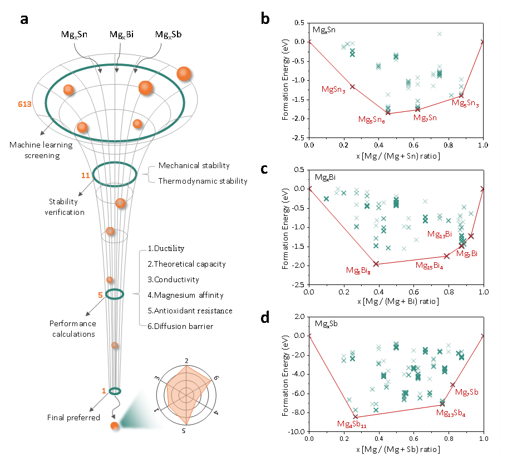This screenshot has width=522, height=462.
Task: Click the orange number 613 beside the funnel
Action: tap(24, 104)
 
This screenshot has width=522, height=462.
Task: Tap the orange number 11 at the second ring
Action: tap(85, 175)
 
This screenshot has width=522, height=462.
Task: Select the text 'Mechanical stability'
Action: tap(194, 165)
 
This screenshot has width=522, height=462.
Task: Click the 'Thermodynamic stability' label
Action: tap(203, 180)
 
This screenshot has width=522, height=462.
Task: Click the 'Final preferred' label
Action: tap(73, 417)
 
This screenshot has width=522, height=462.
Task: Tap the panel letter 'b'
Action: tap(265, 19)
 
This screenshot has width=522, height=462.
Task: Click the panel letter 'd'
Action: tap(265, 318)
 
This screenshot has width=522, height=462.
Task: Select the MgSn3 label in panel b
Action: tap(333, 90)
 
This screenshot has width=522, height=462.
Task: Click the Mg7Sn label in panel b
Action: tap(425, 118)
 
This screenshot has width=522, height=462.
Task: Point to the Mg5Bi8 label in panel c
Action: tap(358, 271)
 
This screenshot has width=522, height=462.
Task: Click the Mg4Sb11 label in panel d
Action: tap(351, 425)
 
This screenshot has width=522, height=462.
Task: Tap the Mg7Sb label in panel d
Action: tap(467, 392)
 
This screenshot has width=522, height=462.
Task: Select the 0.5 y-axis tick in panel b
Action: tap(298, 23)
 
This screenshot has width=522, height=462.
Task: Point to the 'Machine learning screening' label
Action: tap(41, 150)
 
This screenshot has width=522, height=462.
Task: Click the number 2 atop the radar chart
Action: tap(186, 360)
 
